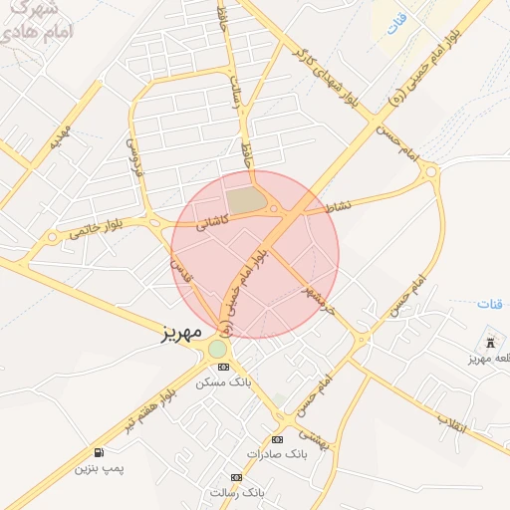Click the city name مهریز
182,332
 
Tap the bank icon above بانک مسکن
222,367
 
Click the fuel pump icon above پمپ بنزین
98,452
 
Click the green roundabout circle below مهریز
217,349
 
